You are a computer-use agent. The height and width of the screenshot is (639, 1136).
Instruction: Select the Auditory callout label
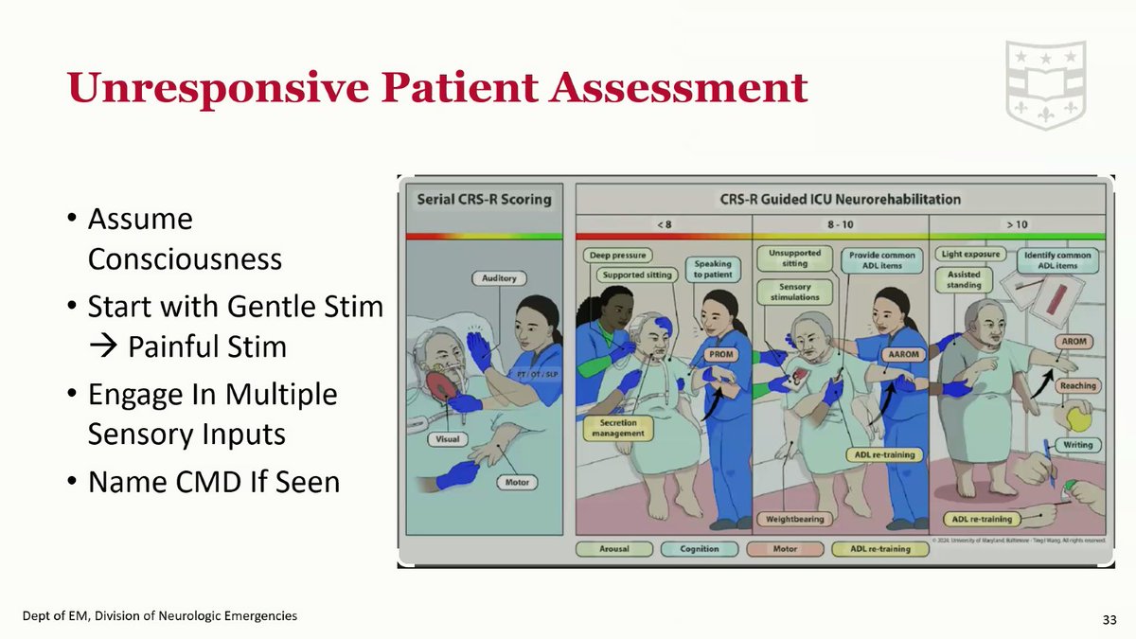[500, 279]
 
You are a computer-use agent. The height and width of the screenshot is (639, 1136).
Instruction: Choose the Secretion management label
[619, 428]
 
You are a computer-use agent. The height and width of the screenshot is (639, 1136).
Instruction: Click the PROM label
[720, 354]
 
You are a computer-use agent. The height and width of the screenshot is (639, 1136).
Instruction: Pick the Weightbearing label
[794, 519]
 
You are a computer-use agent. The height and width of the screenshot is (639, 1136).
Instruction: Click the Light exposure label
[969, 255]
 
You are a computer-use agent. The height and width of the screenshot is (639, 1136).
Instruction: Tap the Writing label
[1077, 445]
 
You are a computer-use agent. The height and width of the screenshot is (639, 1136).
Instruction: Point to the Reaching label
[1078, 386]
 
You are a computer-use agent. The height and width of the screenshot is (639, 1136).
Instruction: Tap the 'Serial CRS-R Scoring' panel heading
[484, 200]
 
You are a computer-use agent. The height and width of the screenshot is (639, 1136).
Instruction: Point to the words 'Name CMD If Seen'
[213, 482]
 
